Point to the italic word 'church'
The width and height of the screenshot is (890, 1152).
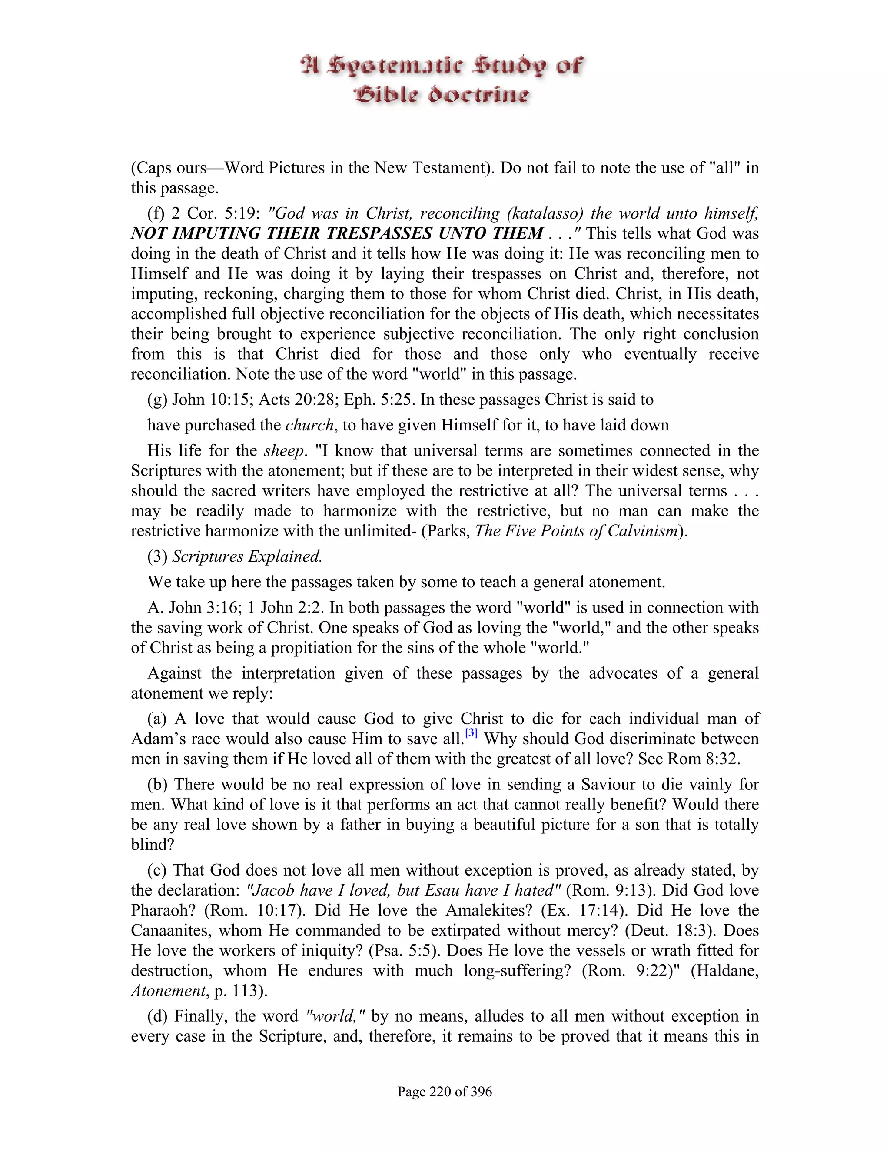pos(309,425)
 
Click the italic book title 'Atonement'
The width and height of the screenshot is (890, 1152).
pos(168,991)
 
